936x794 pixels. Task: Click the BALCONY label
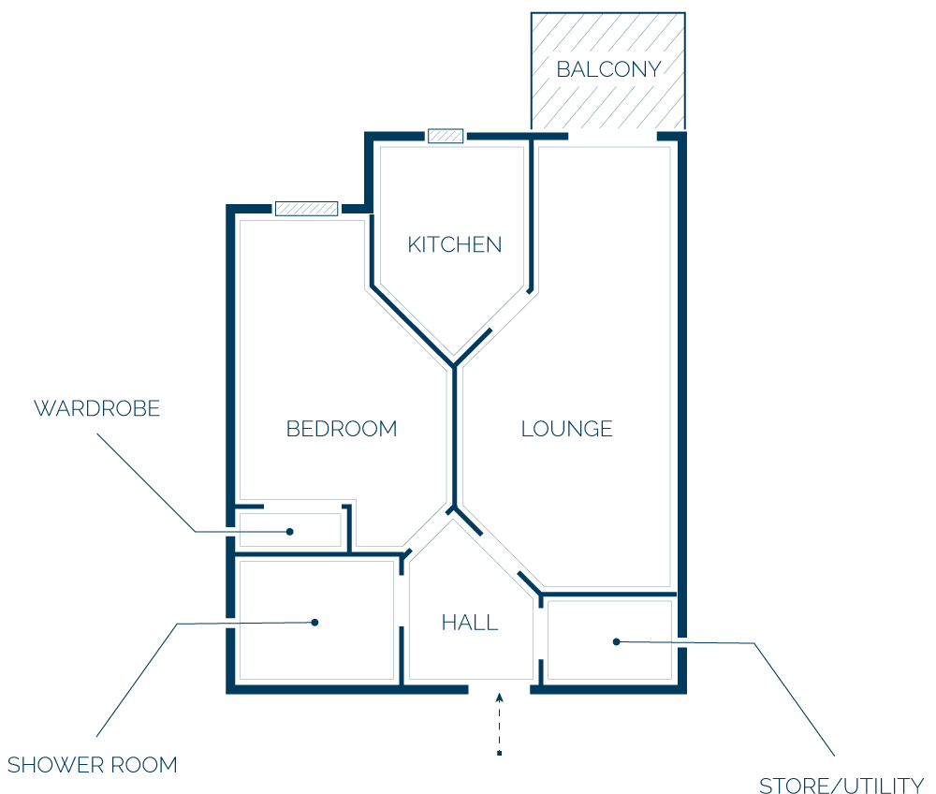(608, 69)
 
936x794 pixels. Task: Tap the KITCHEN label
(454, 244)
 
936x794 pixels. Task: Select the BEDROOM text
(342, 429)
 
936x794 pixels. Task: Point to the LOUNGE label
(566, 429)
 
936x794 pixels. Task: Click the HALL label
(470, 623)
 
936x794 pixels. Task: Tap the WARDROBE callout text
(96, 408)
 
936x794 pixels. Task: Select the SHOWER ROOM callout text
(93, 765)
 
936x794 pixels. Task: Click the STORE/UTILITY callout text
(841, 785)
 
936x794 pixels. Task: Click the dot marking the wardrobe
(290, 531)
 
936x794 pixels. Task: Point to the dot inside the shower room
(314, 622)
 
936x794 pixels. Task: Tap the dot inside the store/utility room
(617, 641)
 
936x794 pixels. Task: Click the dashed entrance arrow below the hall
(500, 724)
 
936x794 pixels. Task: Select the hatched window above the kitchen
(446, 136)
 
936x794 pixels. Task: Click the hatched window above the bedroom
(306, 209)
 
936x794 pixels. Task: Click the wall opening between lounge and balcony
(612, 137)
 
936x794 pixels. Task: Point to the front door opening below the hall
(499, 689)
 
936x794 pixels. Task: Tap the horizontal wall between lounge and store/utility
(607, 594)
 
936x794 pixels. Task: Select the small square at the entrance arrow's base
(500, 754)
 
